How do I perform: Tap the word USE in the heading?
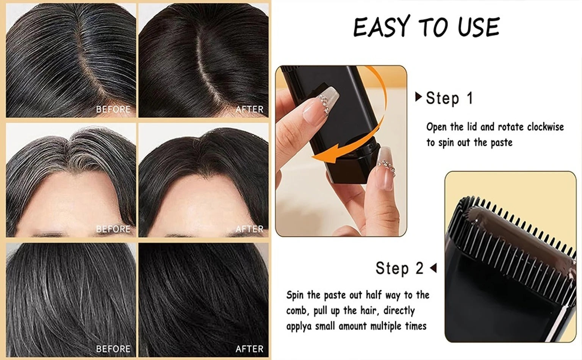(479, 27)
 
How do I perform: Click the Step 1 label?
(449, 98)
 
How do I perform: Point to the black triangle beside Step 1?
(418, 97)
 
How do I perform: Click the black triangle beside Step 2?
(433, 268)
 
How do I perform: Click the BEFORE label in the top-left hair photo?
(113, 110)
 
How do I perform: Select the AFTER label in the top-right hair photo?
(249, 110)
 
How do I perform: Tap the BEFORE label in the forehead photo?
(113, 229)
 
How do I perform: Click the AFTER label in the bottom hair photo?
(249, 349)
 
